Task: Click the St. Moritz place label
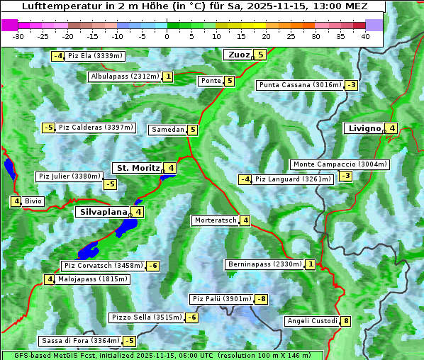[x=138, y=168]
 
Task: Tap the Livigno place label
[x=364, y=128]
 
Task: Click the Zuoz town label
[x=237, y=55]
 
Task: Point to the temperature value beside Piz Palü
[x=262, y=299]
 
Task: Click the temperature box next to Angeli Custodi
[x=345, y=321]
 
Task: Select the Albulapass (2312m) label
[x=124, y=77]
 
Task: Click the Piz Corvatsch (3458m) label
[x=102, y=266]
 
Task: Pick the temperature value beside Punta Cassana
[x=350, y=85]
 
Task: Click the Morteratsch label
[x=215, y=220]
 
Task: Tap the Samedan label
[x=167, y=130]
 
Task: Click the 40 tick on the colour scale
[x=365, y=35]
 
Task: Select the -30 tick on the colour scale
[x=18, y=35]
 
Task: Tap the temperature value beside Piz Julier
[x=110, y=184]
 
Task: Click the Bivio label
[x=33, y=201]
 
